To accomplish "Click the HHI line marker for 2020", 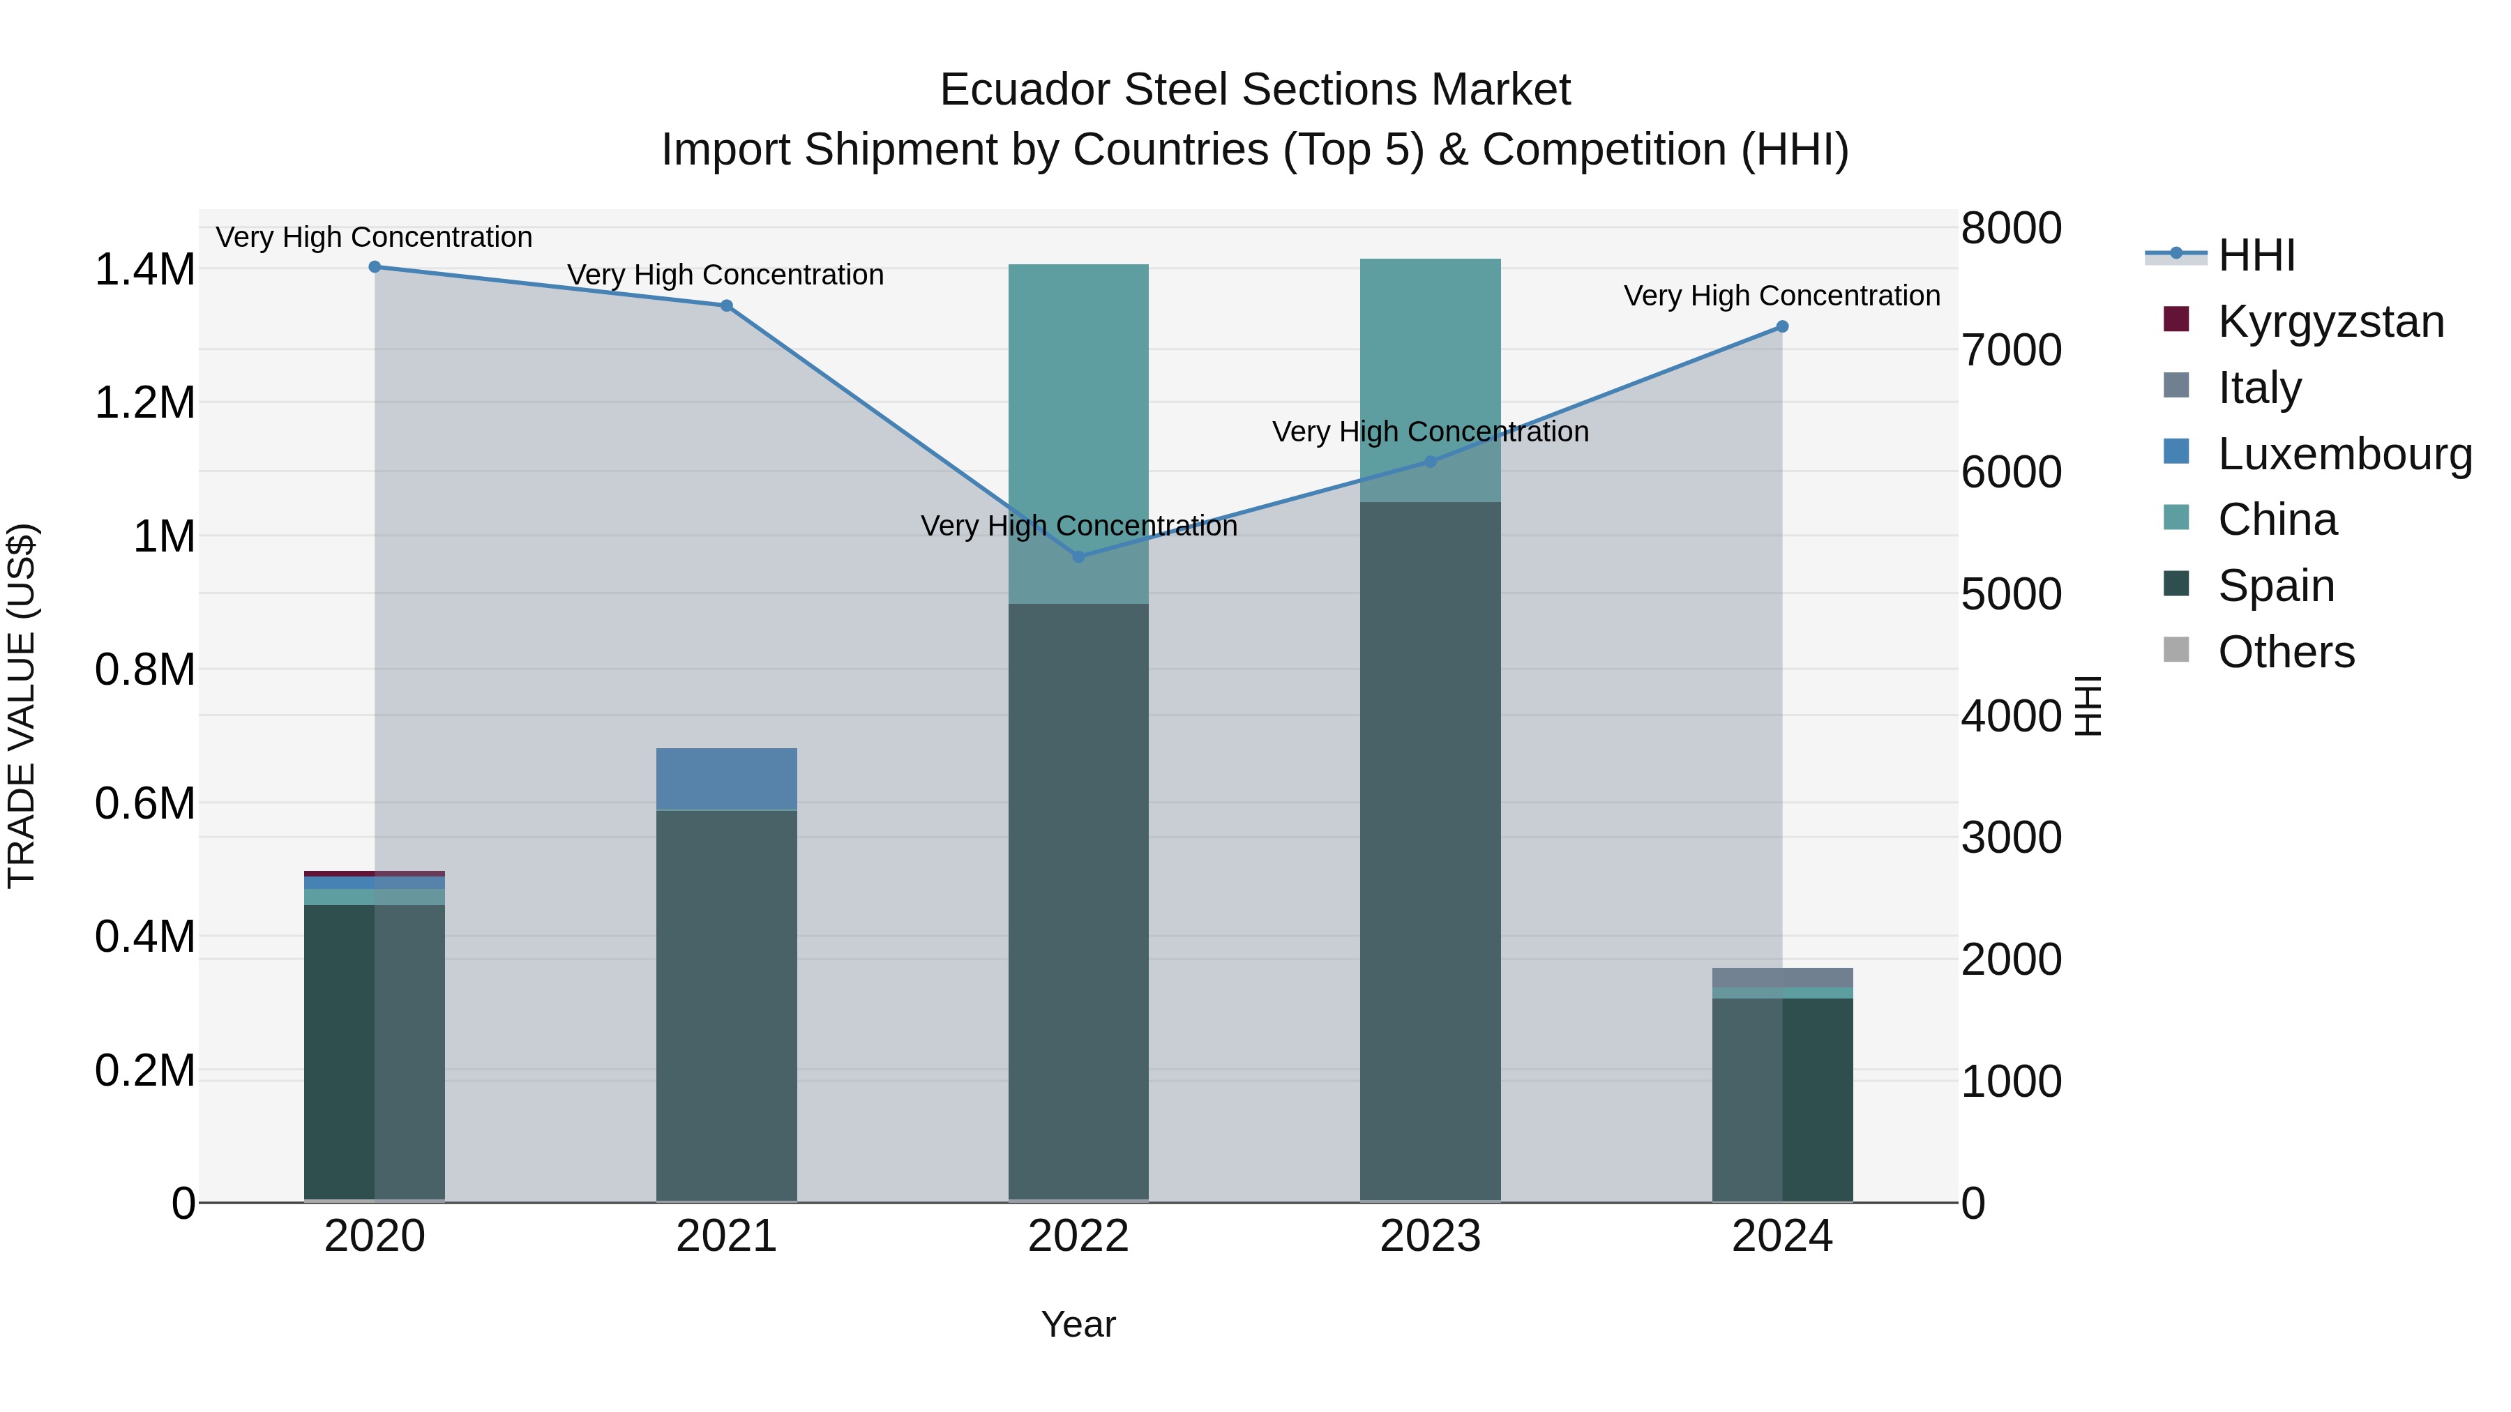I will (375, 267).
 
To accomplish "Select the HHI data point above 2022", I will (1078, 556).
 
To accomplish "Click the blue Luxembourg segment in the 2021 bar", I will (726, 779).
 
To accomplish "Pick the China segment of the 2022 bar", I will (1078, 434).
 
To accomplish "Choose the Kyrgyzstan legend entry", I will (2330, 321).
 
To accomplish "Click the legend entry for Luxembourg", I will (2344, 454).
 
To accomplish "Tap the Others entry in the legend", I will (2285, 652).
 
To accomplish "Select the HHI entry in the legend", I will (2256, 255).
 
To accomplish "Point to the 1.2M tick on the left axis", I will (144, 402).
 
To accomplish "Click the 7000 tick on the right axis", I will (2011, 351).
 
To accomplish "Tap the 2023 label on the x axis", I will (1430, 1236).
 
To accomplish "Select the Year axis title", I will (1078, 1324).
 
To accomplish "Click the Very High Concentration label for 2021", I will (725, 275).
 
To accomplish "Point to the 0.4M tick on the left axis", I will (144, 936).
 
